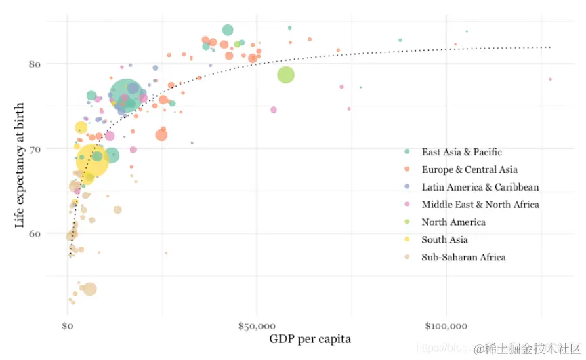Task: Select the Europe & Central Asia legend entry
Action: pos(469,169)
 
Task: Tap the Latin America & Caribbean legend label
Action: pos(480,187)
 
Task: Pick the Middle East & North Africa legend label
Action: pos(480,205)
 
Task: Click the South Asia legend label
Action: pos(444,240)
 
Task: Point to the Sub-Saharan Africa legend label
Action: pos(463,258)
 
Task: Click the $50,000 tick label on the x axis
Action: pos(257,327)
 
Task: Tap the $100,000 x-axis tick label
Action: pos(446,327)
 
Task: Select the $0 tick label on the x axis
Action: pos(68,327)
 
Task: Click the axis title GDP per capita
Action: pos(310,339)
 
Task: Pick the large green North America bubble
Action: pos(286,75)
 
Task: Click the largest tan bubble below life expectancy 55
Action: pos(89,289)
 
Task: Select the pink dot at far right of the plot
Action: pos(550,79)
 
